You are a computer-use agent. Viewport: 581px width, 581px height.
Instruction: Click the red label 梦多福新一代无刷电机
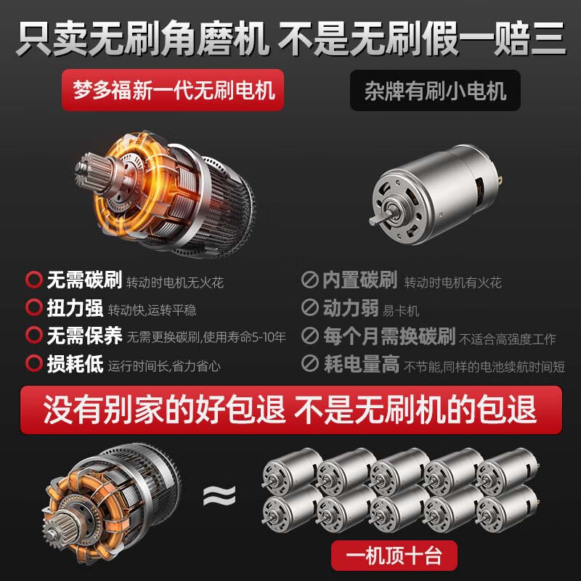pyautogui.click(x=172, y=90)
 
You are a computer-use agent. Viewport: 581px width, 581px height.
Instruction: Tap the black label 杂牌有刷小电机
pyautogui.click(x=435, y=90)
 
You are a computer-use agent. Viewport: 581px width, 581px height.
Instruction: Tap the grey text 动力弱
pyautogui.click(x=351, y=308)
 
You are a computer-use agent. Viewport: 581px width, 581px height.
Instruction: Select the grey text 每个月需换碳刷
pyautogui.click(x=389, y=336)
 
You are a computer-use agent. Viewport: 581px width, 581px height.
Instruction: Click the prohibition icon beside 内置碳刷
pyautogui.click(x=309, y=280)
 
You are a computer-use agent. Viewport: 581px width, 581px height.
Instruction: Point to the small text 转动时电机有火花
pyautogui.click(x=452, y=283)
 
